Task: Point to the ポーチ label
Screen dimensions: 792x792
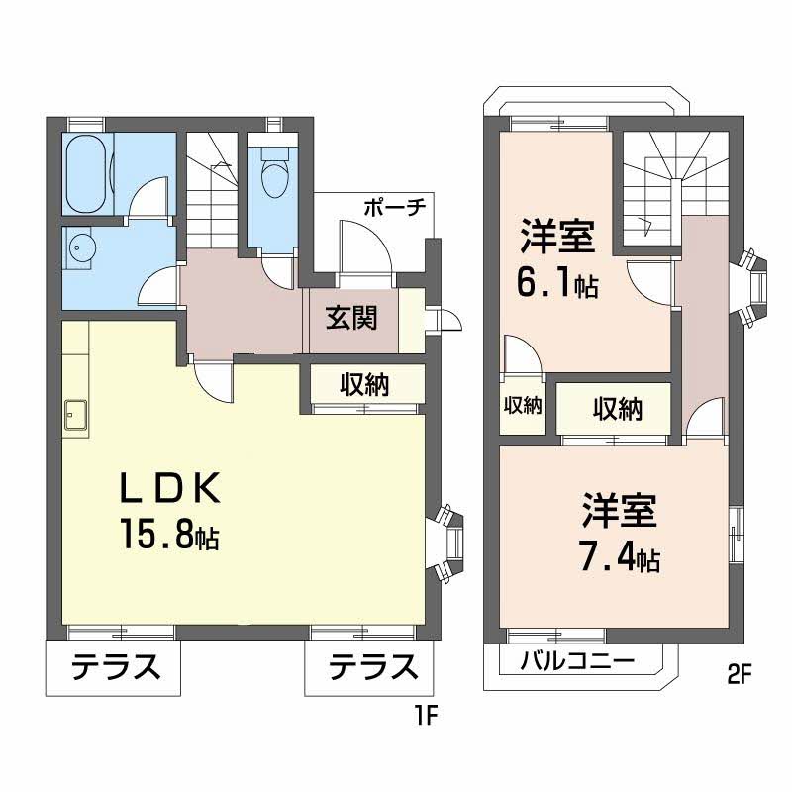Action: click(x=393, y=208)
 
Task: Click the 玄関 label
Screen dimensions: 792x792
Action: click(x=351, y=319)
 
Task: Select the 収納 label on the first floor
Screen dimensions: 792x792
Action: click(x=366, y=385)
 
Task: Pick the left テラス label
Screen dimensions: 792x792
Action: click(x=115, y=670)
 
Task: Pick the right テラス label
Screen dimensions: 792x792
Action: click(x=372, y=670)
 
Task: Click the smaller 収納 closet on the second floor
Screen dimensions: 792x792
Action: click(x=523, y=406)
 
